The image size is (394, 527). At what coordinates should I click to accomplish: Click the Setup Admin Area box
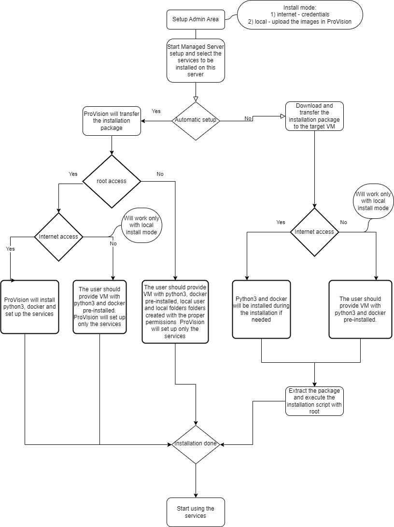pyautogui.click(x=196, y=19)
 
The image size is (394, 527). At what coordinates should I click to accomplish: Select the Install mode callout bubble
pyautogui.click(x=300, y=15)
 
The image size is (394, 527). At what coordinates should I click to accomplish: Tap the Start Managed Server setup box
pyautogui.click(x=196, y=60)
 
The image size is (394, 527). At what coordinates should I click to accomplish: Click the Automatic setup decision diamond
pyautogui.click(x=196, y=120)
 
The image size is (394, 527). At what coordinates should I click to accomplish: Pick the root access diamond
pyautogui.click(x=112, y=181)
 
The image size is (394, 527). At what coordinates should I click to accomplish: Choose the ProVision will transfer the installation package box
pyautogui.click(x=112, y=121)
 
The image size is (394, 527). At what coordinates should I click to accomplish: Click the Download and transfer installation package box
pyautogui.click(x=314, y=116)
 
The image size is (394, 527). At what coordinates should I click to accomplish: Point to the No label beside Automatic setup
pyautogui.click(x=248, y=118)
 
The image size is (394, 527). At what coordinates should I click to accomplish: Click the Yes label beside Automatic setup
pyautogui.click(x=156, y=111)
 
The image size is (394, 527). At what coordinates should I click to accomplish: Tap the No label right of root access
pyautogui.click(x=160, y=174)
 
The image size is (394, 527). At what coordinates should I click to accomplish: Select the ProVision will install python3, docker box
pyautogui.click(x=29, y=307)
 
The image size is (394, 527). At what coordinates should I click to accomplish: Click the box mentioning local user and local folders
pyautogui.click(x=175, y=312)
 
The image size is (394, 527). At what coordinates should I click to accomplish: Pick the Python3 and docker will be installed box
pyautogui.click(x=262, y=309)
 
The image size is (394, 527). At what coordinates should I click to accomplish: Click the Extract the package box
pyautogui.click(x=314, y=401)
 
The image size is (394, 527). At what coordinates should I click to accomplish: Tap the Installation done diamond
pyautogui.click(x=196, y=444)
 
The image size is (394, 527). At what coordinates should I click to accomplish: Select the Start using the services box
pyautogui.click(x=196, y=512)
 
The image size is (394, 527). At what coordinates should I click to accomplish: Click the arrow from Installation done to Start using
pyautogui.click(x=196, y=481)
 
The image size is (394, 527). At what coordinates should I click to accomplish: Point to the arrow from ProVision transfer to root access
pyautogui.click(x=112, y=145)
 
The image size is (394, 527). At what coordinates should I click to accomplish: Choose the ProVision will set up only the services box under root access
pyautogui.click(x=100, y=307)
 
